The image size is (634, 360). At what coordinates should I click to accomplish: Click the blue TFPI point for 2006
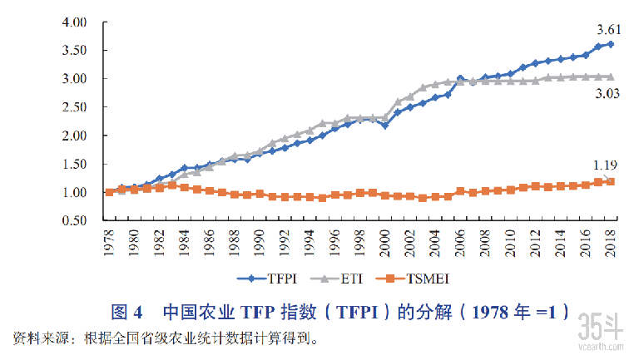[x=460, y=78]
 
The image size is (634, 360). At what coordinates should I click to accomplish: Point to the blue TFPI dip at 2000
[x=384, y=126]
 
